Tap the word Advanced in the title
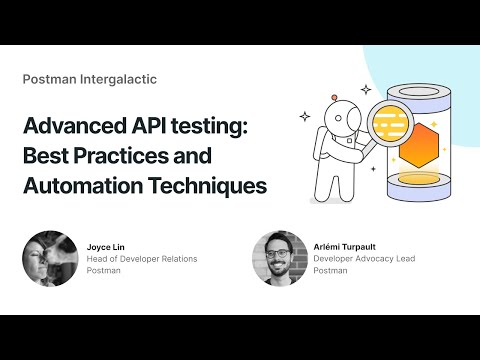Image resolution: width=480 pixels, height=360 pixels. pos(72,129)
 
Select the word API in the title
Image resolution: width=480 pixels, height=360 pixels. pos(145,129)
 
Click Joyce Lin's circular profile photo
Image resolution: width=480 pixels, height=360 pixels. pos(49,259)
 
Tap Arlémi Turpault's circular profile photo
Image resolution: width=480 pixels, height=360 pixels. pos(279,259)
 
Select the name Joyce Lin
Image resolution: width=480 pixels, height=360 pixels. pos(107,246)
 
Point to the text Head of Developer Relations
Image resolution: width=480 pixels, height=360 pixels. pos(142,259)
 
